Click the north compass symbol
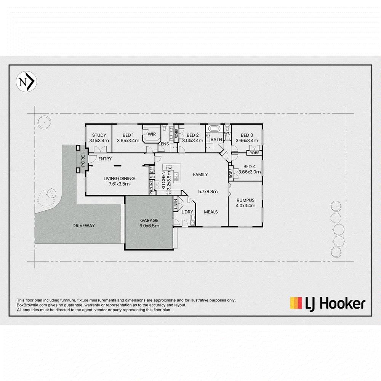pos(27,82)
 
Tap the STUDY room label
pos(99,135)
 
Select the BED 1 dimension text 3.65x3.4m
pos(128,141)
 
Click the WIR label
pos(152,134)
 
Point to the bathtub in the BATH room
pos(214,128)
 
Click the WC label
pos(227,133)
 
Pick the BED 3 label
pos(247,135)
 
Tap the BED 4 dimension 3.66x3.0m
pos(250,172)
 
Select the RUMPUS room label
pos(245,200)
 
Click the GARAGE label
pos(149,220)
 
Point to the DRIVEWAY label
pos(83,226)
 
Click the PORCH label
pos(83,159)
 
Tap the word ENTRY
pos(105,158)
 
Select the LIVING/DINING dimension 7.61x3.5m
pos(119,184)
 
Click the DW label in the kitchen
pos(169,168)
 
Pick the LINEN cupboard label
pos(176,204)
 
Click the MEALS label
pos(211,212)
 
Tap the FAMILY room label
pos(200,174)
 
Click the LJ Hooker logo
pos(328,304)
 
